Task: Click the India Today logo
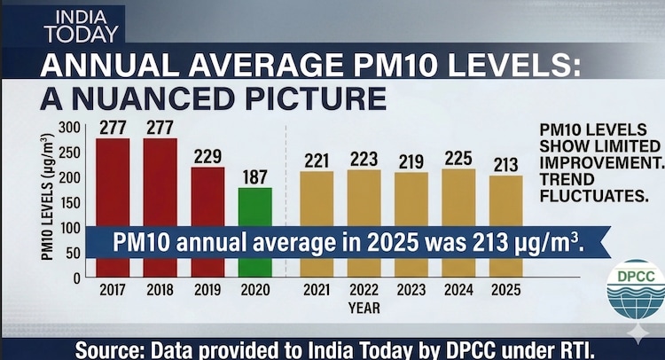82,27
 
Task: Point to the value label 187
254,177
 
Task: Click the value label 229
207,156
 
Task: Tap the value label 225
458,159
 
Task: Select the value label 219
411,161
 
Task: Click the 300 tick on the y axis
69,127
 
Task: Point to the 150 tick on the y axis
69,203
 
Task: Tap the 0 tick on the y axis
76,278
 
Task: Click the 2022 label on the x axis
364,290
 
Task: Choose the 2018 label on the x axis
160,290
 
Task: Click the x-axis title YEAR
364,309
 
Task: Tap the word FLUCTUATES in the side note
594,196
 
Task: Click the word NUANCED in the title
153,98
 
